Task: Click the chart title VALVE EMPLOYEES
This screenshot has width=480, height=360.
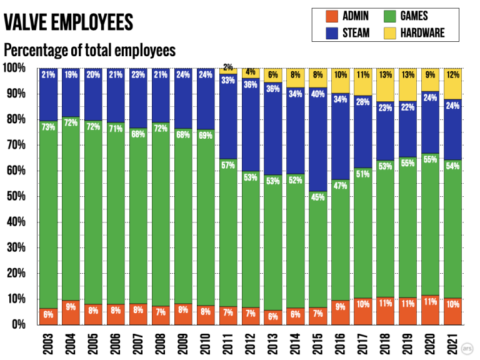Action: click(x=69, y=22)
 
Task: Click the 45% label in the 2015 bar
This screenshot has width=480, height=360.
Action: click(x=318, y=198)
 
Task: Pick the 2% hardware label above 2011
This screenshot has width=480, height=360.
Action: click(x=228, y=67)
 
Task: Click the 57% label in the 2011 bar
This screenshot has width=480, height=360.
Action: click(x=228, y=166)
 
